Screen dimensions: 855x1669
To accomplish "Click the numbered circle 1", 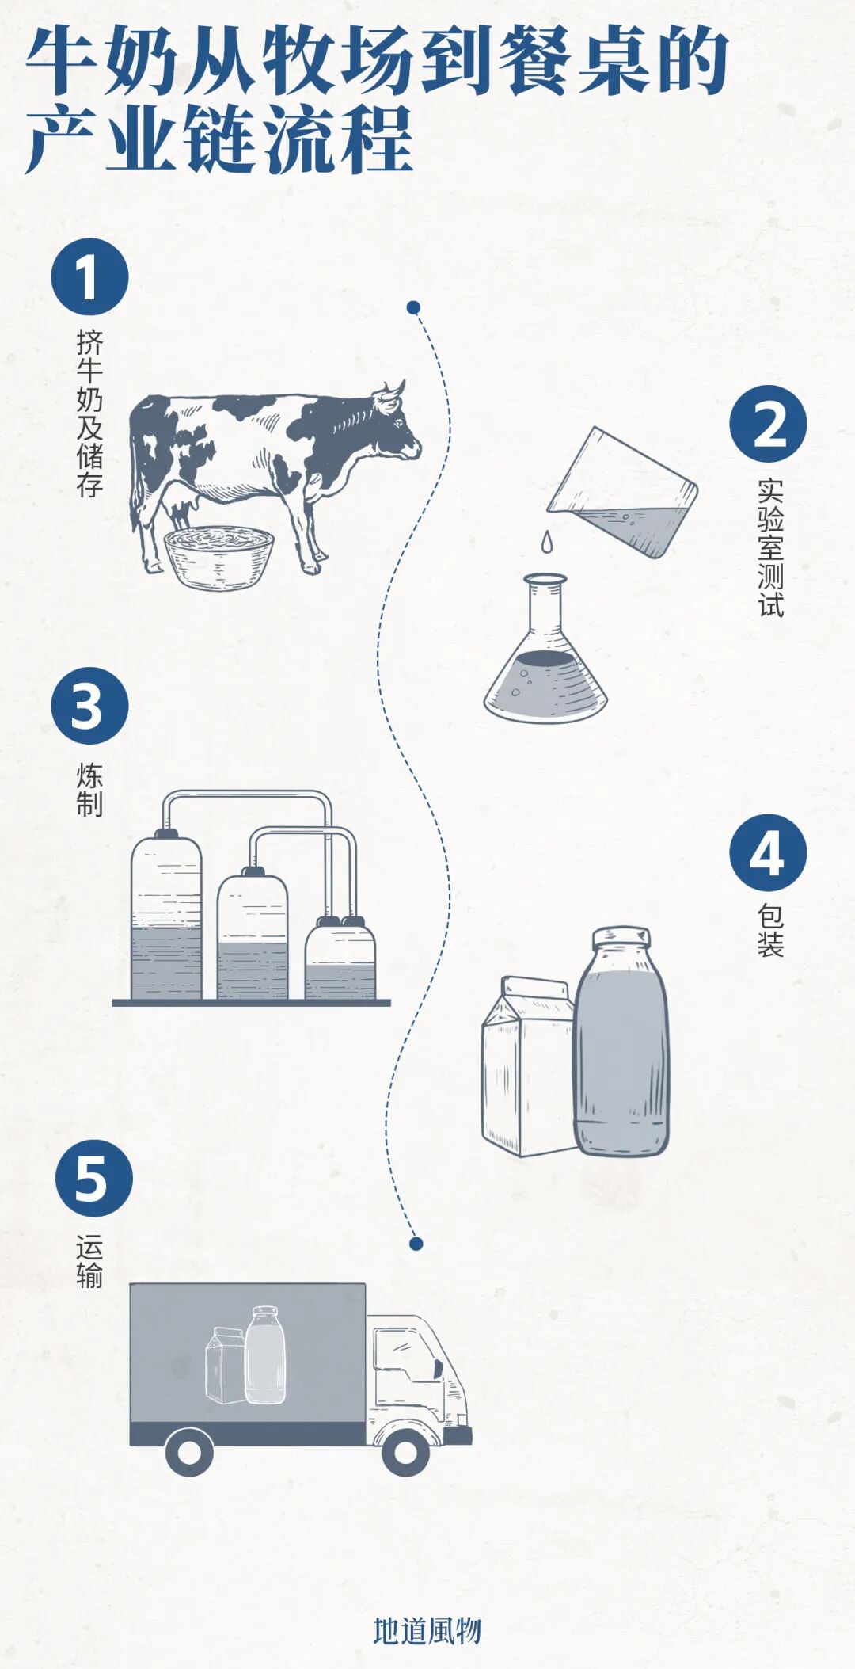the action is (89, 277).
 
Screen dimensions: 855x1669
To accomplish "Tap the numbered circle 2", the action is (768, 425).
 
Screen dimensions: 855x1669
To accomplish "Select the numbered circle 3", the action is (89, 706).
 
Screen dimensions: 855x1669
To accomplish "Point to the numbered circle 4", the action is (768, 853).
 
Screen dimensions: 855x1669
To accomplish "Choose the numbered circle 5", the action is (93, 1179).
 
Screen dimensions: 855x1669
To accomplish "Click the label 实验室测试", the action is (770, 547).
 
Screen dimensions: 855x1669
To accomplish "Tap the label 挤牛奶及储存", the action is (89, 413).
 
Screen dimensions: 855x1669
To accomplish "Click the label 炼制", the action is (89, 789).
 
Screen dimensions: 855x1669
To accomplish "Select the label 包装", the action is (770, 931).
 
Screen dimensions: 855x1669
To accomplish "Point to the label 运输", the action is (89, 1261).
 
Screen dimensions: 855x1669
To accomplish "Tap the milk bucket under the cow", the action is (218, 558).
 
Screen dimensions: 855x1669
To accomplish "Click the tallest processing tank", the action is (166, 914).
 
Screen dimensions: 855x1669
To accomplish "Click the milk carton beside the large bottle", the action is (529, 1066).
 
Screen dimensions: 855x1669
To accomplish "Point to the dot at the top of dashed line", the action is (413, 307).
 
